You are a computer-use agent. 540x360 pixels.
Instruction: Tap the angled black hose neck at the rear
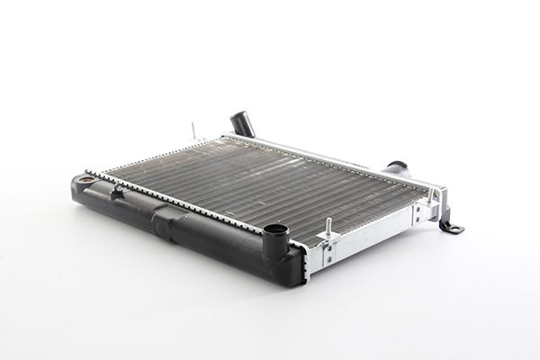[x=243, y=124]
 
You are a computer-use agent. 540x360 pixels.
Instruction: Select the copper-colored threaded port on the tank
[x=86, y=180]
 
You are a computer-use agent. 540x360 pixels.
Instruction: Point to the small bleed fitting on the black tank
[x=116, y=190]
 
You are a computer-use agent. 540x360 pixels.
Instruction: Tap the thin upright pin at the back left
[x=193, y=130]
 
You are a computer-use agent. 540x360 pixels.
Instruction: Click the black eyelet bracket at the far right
[x=451, y=226]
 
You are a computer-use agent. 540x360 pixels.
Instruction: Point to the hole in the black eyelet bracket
[x=455, y=229]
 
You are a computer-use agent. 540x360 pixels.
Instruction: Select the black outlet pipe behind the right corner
[x=396, y=167]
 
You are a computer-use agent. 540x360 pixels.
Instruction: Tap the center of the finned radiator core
[x=261, y=185]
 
